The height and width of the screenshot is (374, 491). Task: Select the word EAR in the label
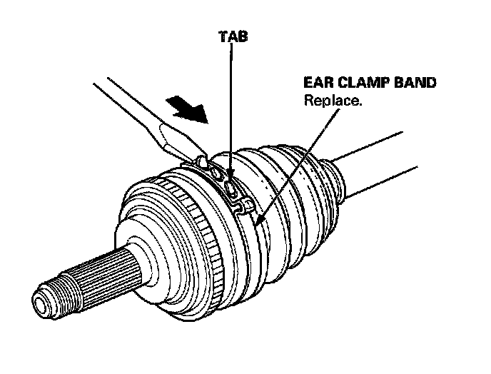point(319,84)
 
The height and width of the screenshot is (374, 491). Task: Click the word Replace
point(333,101)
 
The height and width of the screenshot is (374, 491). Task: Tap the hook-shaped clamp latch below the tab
point(245,206)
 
